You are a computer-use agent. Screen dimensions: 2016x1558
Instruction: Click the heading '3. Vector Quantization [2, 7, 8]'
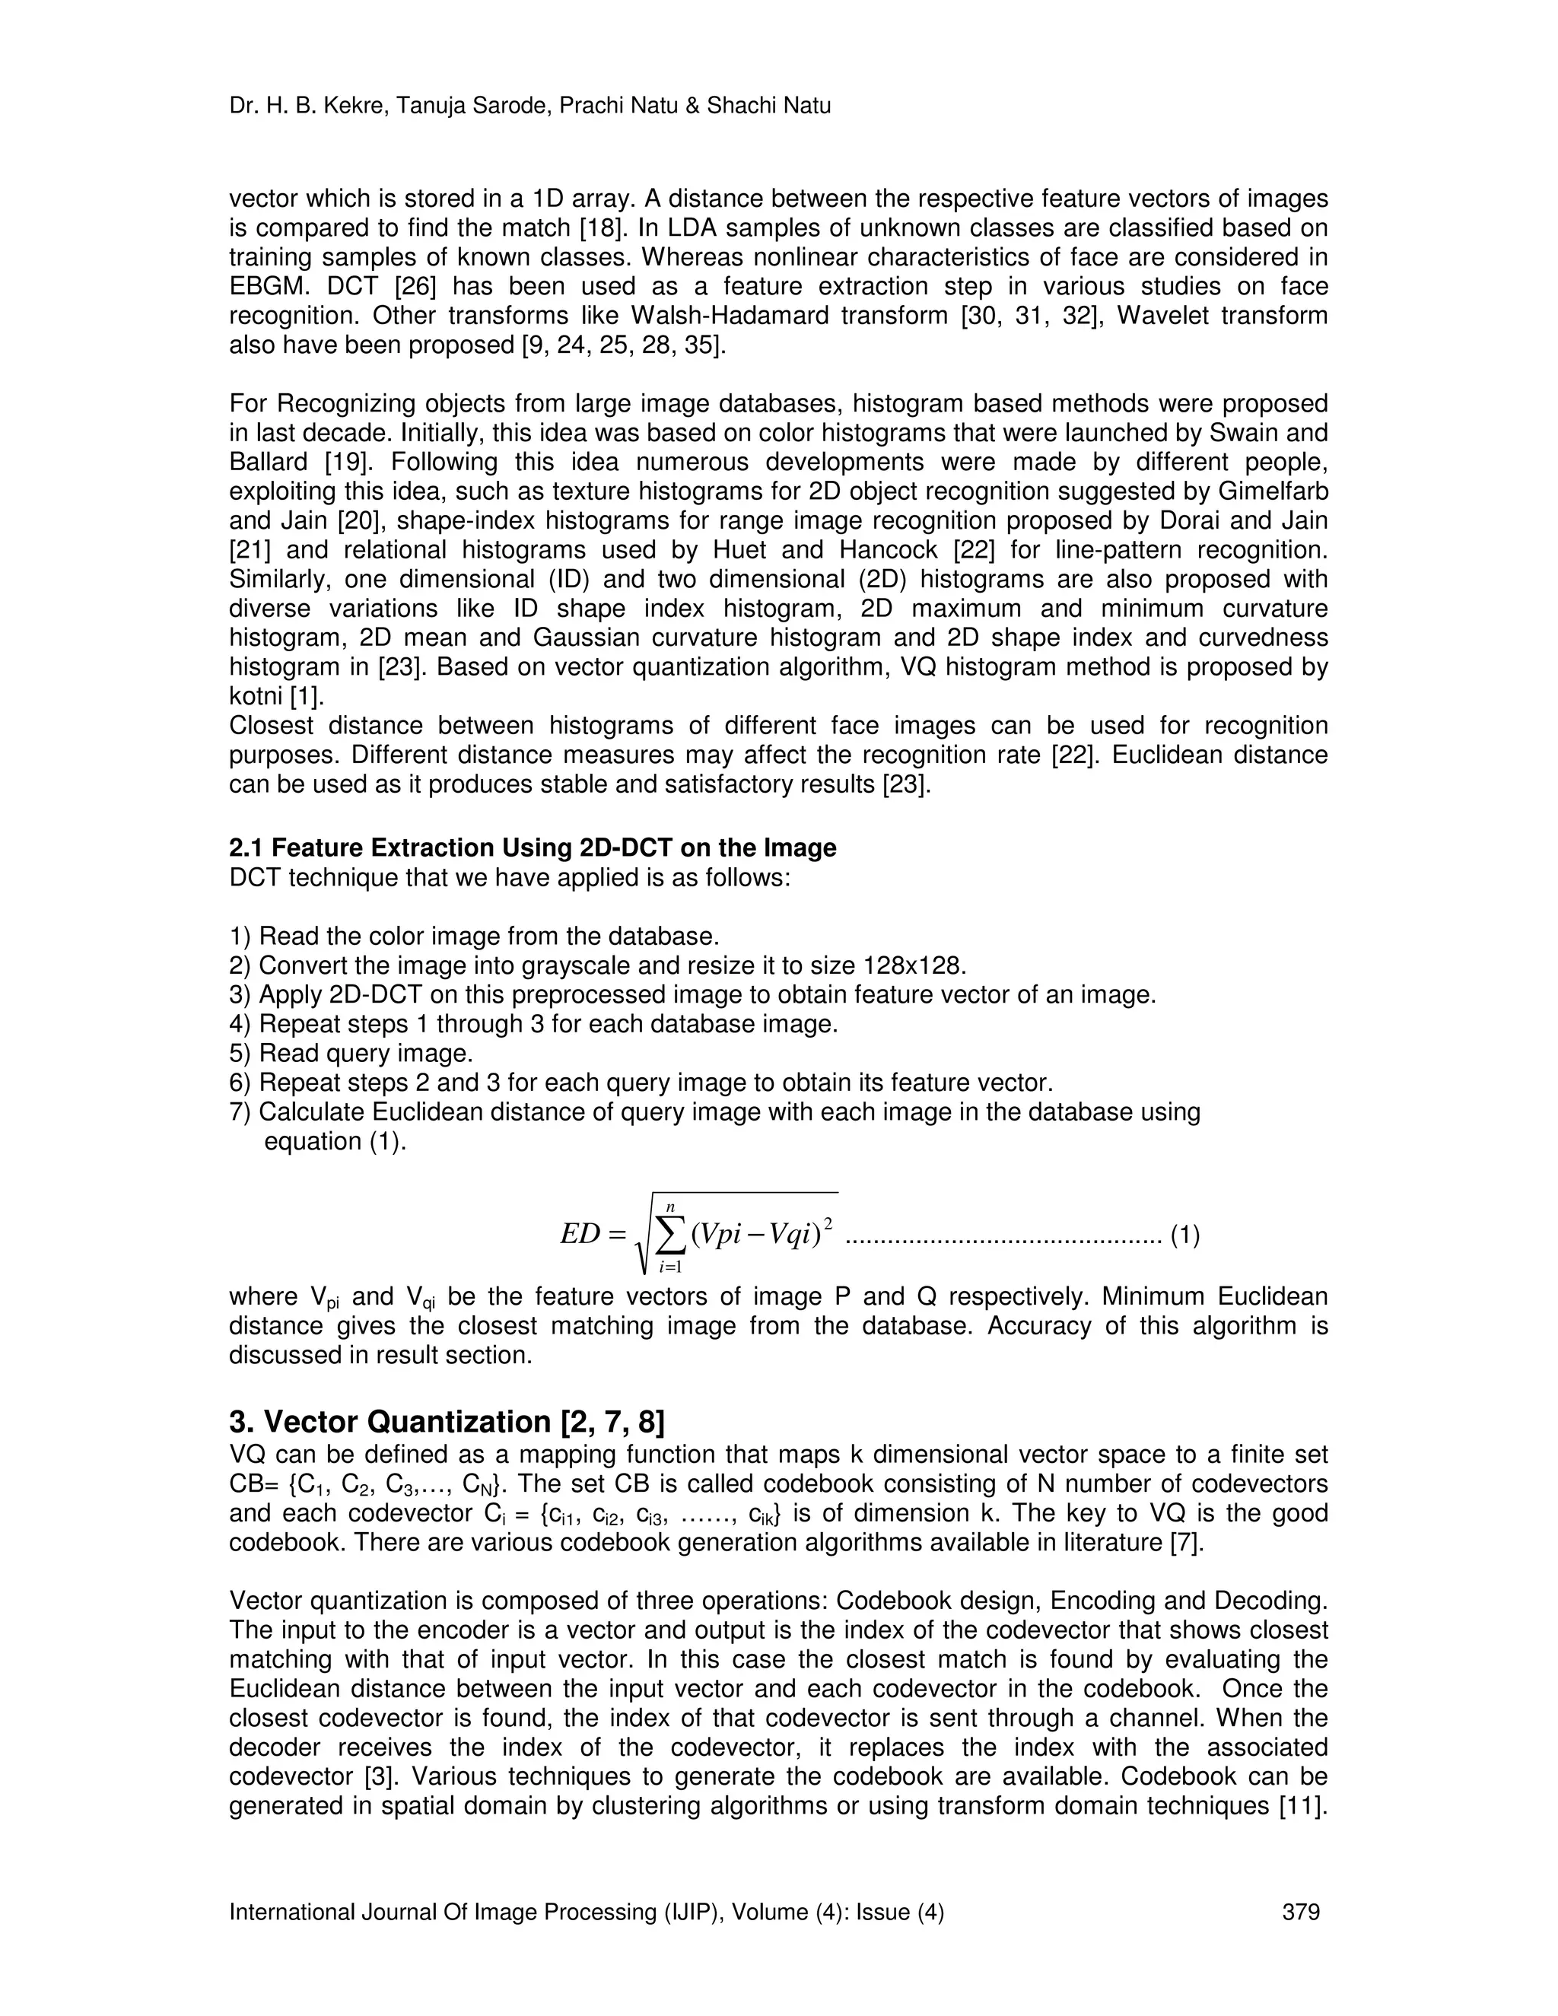point(446,1422)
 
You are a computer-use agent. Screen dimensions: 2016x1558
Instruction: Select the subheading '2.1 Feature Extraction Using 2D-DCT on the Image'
point(533,847)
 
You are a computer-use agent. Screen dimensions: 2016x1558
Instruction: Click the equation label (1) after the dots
point(1185,1235)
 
